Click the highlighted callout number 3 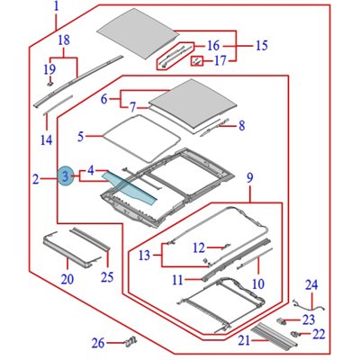(x=66, y=175)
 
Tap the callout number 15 (x=262, y=46)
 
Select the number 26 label (x=99, y=343)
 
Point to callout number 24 (x=311, y=285)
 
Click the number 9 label (x=250, y=178)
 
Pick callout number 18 (x=64, y=40)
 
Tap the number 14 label (x=47, y=140)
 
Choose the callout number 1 (x=57, y=6)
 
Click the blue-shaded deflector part (x=130, y=188)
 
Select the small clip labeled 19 (x=50, y=82)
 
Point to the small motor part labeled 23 (x=282, y=321)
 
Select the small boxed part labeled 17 (x=198, y=61)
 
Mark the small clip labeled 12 (x=225, y=247)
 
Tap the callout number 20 (x=67, y=279)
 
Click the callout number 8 (x=242, y=125)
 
